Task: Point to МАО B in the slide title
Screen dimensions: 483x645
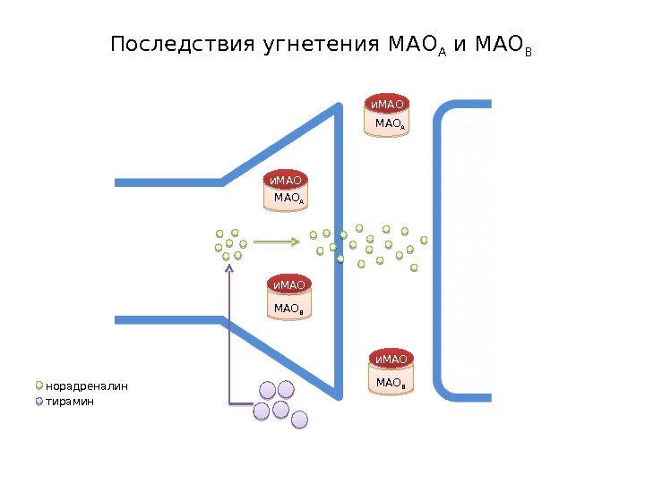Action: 503,45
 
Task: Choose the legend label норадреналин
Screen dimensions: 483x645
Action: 87,386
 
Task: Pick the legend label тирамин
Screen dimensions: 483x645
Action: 70,402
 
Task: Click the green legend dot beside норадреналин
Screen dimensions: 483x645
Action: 39,386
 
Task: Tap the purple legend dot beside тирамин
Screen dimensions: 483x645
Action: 39,402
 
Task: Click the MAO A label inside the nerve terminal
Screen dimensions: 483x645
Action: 288,198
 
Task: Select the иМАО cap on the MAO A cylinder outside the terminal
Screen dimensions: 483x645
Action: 389,104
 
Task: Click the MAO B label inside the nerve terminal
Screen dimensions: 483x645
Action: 288,309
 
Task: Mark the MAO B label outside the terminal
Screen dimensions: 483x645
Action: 391,383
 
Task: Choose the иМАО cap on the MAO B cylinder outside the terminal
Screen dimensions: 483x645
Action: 391,360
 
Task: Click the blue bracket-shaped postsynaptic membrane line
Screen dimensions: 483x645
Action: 439,250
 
